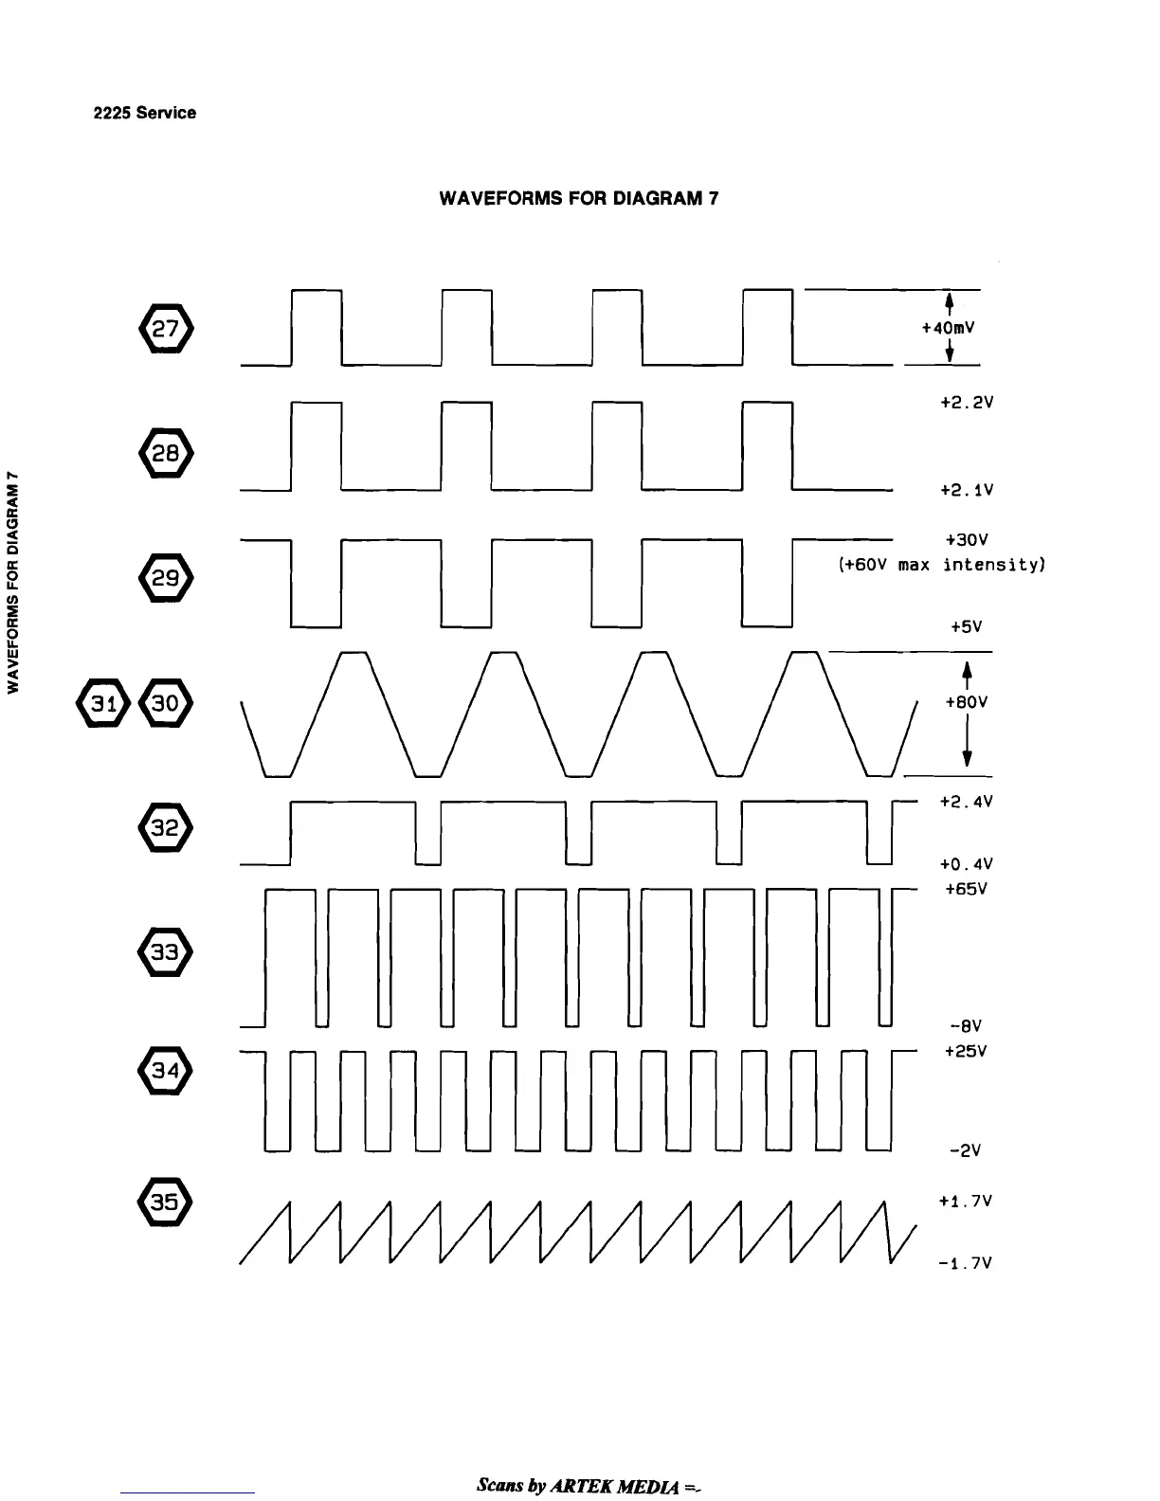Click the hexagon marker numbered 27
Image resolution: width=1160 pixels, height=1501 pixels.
pyautogui.click(x=166, y=329)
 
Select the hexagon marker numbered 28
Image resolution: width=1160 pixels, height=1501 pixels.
pyautogui.click(x=166, y=453)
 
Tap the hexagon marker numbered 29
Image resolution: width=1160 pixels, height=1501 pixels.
pyautogui.click(x=166, y=576)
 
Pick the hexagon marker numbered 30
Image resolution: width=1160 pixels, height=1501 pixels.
pyautogui.click(x=166, y=703)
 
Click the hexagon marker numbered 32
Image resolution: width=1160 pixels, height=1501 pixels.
pyautogui.click(x=166, y=828)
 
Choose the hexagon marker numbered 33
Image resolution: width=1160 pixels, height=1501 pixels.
pyautogui.click(x=166, y=951)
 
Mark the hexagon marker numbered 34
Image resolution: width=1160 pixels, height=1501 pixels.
pyautogui.click(x=166, y=1072)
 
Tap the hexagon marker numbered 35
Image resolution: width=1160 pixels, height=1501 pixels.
pyautogui.click(x=166, y=1202)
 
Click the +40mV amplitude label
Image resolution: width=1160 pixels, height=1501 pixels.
pyautogui.click(x=948, y=328)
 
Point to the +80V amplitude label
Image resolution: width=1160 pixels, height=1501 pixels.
pyautogui.click(x=967, y=702)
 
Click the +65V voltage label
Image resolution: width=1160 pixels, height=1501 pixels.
pyautogui.click(x=967, y=890)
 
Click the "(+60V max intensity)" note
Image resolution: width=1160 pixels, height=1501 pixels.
pyautogui.click(x=941, y=566)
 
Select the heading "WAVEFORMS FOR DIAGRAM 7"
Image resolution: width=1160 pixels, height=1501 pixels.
pyautogui.click(x=579, y=199)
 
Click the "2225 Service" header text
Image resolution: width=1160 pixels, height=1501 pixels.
pyautogui.click(x=145, y=113)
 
